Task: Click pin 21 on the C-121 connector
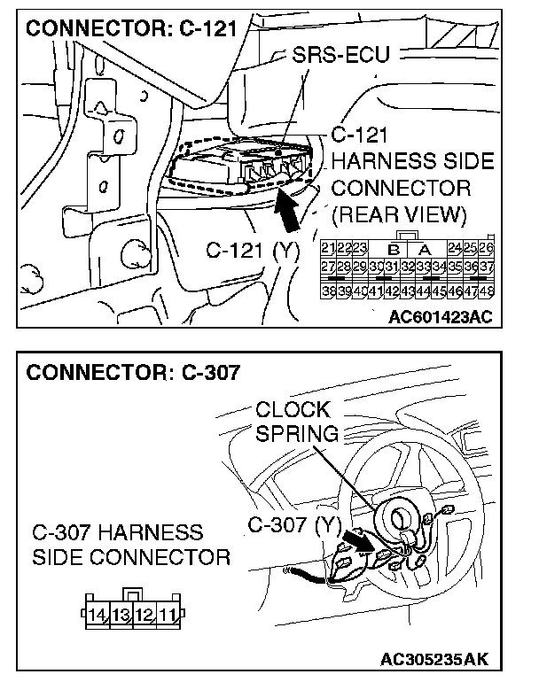coord(327,247)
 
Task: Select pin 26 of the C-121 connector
coord(487,247)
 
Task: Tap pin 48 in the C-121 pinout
coord(487,291)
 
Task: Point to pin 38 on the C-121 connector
coord(327,291)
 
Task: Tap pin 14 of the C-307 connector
coord(98,613)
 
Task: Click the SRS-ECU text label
coord(342,58)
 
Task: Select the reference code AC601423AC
coord(440,316)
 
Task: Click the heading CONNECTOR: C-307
coord(133,372)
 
